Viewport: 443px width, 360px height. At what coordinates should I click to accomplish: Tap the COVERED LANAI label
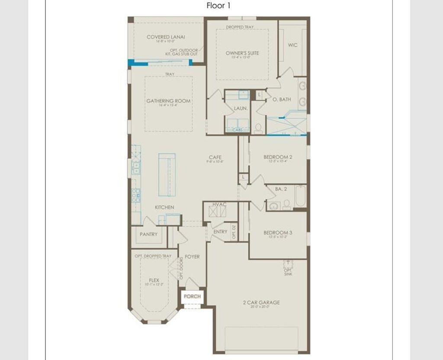pos(166,37)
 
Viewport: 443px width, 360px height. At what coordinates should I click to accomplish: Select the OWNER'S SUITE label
pos(242,53)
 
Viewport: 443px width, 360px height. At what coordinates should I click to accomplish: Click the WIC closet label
pos(293,45)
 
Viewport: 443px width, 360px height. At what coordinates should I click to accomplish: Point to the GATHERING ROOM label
pos(168,101)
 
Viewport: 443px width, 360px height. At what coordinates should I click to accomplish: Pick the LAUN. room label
pos(241,109)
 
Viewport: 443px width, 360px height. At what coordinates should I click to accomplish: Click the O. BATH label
pos(282,100)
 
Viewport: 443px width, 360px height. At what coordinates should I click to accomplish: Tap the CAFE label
pos(215,157)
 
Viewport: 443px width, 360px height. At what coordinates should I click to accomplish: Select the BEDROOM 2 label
pos(278,157)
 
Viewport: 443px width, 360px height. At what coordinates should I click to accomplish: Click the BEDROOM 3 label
pos(278,233)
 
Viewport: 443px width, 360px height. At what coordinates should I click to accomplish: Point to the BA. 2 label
pos(281,189)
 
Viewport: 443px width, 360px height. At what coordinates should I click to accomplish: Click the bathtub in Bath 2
pos(300,196)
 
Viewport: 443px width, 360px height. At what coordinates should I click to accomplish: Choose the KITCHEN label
pos(164,207)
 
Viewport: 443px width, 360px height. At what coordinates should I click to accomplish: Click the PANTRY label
pos(148,235)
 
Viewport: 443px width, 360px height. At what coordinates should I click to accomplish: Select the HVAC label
pos(219,204)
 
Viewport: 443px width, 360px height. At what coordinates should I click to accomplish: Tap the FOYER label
pos(192,257)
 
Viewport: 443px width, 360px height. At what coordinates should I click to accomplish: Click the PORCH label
pos(192,296)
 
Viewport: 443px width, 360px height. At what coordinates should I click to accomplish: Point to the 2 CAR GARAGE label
pos(261,302)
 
